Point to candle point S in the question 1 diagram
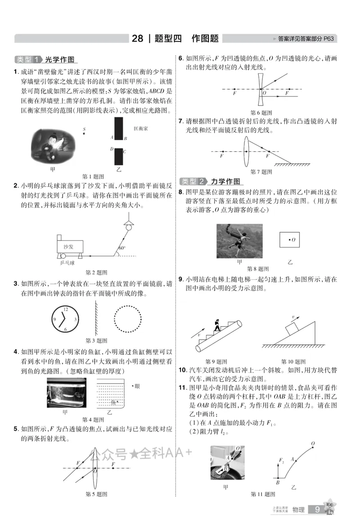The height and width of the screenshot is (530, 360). click(x=84, y=133)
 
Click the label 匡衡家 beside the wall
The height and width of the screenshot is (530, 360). click(x=140, y=129)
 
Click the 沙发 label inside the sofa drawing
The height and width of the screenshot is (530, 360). click(x=68, y=247)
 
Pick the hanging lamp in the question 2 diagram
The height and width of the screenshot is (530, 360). click(x=129, y=225)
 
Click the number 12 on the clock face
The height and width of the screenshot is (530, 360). click(x=66, y=309)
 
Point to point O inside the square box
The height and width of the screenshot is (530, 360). click(x=292, y=240)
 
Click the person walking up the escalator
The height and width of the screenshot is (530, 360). click(x=217, y=325)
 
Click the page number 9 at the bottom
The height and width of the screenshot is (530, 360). click(x=317, y=509)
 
